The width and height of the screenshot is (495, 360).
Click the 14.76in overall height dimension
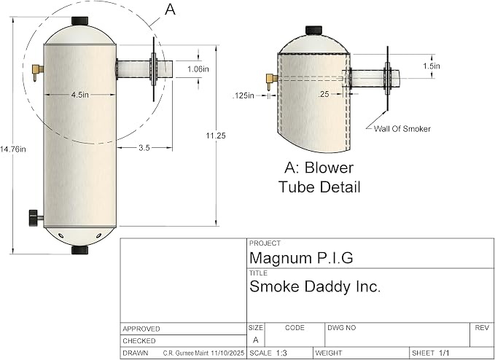coord(13,149)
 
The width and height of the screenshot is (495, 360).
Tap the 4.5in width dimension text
coord(80,95)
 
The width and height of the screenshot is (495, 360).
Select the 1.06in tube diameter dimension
coord(198,69)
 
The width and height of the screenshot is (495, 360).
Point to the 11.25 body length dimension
coord(216,136)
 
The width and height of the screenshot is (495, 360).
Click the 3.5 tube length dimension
coord(144,148)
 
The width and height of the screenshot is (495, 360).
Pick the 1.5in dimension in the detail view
coord(432,66)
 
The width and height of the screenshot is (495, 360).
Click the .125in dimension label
coord(243,95)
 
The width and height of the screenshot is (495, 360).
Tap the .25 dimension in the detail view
coord(324,94)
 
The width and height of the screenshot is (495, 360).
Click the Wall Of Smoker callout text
coord(402,129)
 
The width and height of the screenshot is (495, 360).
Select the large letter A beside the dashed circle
coord(170,9)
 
